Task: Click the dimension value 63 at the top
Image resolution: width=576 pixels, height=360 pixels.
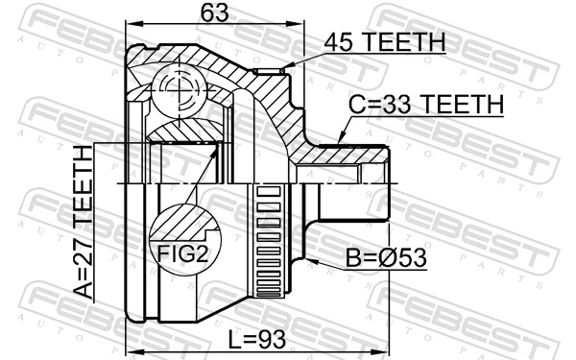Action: (x=209, y=13)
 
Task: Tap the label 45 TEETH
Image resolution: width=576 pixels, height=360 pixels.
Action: (x=384, y=42)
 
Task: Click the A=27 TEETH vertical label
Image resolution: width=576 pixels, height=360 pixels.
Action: (x=85, y=221)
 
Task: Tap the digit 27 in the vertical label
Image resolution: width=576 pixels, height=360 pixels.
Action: (x=85, y=239)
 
